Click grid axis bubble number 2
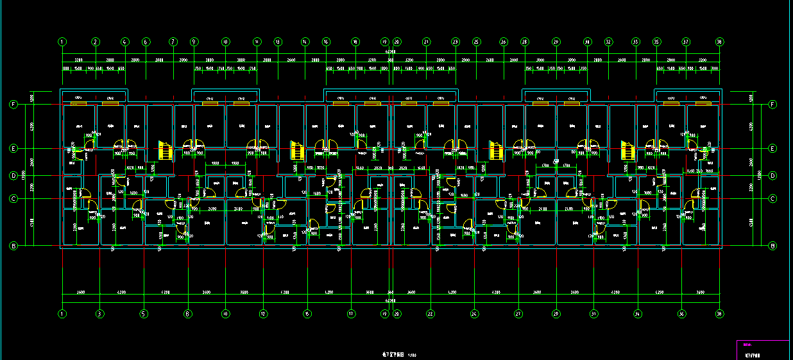(x=95, y=42)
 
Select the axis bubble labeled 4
(x=124, y=42)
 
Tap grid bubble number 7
(x=173, y=42)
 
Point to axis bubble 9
(x=194, y=42)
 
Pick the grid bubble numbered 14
(x=305, y=42)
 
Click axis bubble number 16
(x=326, y=42)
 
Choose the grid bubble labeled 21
(x=426, y=42)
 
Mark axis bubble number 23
(x=456, y=42)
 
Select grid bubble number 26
(x=504, y=42)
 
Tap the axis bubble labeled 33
(x=636, y=42)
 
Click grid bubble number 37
(x=686, y=42)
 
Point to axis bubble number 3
(x=99, y=314)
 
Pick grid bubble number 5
(x=144, y=314)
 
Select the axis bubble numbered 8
(x=188, y=314)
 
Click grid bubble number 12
(x=263, y=314)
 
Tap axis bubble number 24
(x=474, y=314)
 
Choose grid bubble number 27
(x=518, y=314)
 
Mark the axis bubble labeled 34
(x=638, y=314)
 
